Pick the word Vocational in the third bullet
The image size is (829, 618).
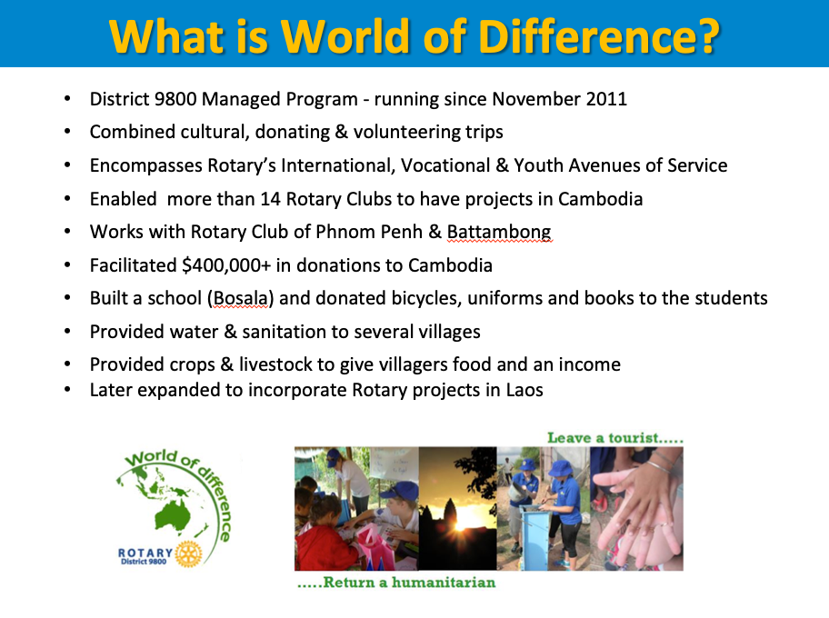445,165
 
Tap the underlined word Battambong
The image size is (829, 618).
499,232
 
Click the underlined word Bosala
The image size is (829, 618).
241,298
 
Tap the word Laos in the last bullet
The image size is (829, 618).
524,390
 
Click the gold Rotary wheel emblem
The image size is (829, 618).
189,553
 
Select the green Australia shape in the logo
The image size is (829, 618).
173,515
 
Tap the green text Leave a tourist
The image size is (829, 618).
615,438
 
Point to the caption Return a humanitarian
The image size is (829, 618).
396,583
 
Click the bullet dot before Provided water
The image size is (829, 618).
67,332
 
